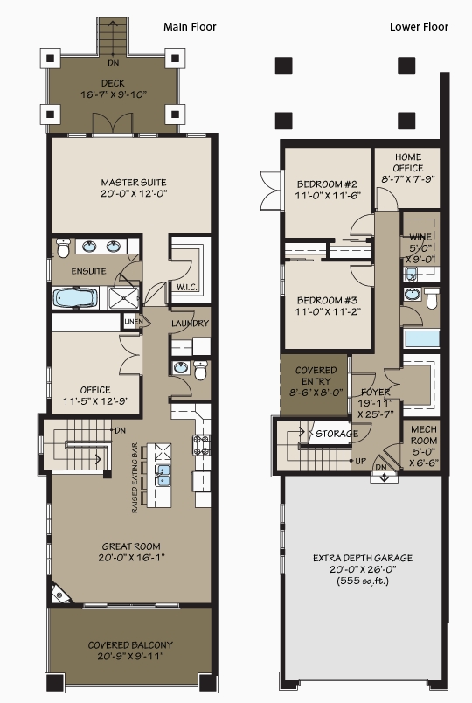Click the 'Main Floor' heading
coord(190,27)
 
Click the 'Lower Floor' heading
coord(419,27)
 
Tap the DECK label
coord(113,83)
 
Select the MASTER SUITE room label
coord(134,183)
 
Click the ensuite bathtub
coord(75,298)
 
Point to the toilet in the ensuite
coord(63,248)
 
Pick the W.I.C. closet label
coord(187,288)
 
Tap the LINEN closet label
coord(133,322)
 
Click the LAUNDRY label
coord(190,324)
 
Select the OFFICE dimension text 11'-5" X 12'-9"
coord(95,401)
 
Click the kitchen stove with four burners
coord(202,445)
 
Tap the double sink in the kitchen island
coord(163,476)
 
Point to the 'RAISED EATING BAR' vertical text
coord(135,478)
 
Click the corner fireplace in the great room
coord(60,594)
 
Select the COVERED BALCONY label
coord(130,645)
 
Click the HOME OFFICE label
coord(408,163)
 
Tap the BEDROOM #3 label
coord(327,301)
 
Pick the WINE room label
coord(420,237)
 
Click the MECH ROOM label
coord(424,435)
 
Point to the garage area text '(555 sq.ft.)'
coord(363,581)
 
